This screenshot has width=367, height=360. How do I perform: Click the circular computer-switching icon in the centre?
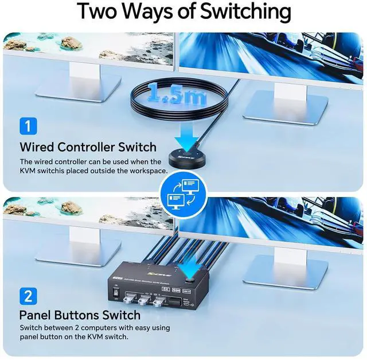coord(184,193)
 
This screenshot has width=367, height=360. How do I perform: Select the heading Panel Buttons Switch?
coord(80,315)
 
